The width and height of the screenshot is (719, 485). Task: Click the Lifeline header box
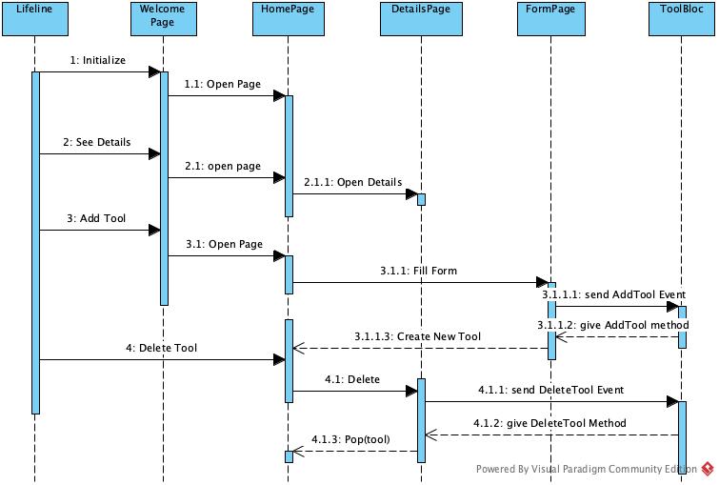coord(34,17)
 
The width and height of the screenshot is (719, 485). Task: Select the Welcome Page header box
coord(163,17)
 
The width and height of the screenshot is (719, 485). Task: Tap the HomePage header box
coord(289,17)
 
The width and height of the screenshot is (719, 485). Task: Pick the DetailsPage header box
coord(420,17)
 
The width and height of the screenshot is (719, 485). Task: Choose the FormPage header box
coord(550,17)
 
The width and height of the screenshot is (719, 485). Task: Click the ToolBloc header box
coord(682,17)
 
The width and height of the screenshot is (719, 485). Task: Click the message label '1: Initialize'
coord(97,60)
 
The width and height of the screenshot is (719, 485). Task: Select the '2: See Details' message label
coord(96,142)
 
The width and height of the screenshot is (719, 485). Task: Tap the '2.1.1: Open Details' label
coord(352,182)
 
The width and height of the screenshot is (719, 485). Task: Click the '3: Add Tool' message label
coord(96,218)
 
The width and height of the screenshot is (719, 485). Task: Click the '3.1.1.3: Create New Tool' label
coord(417,336)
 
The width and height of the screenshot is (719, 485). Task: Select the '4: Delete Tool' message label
coord(161,348)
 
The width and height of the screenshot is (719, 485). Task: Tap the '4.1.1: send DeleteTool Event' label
coord(549,389)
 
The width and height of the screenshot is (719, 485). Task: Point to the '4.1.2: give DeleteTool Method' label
coord(549,423)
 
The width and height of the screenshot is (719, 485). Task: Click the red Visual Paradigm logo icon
coord(708,468)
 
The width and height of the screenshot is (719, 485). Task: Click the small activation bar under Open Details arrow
coord(421,200)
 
